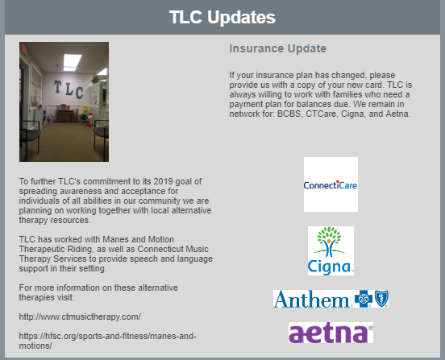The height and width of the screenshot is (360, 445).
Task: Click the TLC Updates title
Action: (x=222, y=17)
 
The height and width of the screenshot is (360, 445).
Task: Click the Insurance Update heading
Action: (x=278, y=48)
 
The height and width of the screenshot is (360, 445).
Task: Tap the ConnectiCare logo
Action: (x=331, y=184)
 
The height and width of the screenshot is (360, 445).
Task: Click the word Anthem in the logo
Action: (x=311, y=299)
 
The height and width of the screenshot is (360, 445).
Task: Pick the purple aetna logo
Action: (x=331, y=333)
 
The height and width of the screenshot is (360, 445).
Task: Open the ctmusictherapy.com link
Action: (x=80, y=317)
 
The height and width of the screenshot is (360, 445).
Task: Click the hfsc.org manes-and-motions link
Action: (x=107, y=341)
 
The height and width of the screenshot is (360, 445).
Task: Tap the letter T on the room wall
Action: (x=57, y=86)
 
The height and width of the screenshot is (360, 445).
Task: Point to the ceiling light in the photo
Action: (x=72, y=62)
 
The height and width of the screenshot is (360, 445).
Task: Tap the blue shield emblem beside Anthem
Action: (x=381, y=299)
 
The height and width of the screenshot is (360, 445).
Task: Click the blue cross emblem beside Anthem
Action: (x=364, y=299)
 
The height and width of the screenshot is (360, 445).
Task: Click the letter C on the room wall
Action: (x=79, y=93)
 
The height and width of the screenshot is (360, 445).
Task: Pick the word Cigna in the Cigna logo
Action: (x=330, y=267)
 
